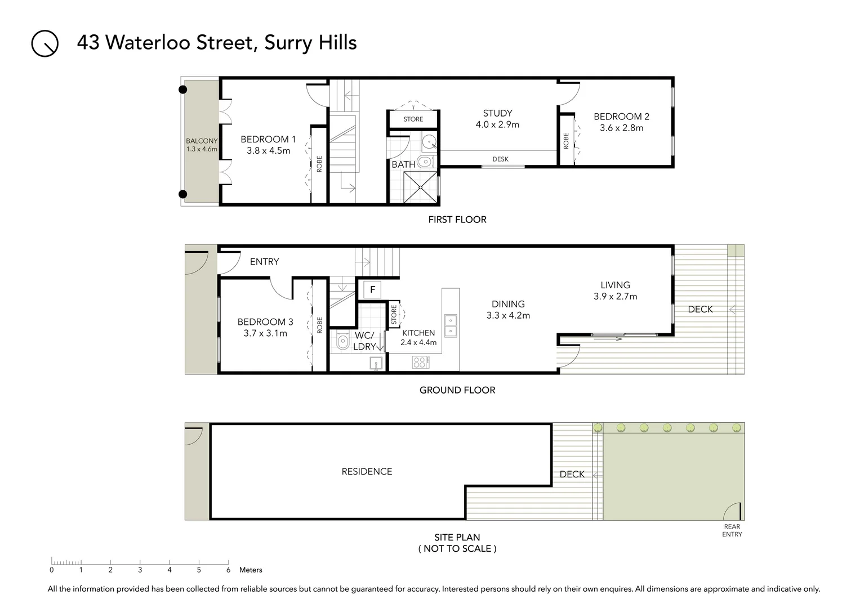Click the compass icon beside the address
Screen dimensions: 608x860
tap(45, 43)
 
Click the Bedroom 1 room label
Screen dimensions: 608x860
tap(268, 139)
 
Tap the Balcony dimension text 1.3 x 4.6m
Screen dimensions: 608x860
tap(202, 149)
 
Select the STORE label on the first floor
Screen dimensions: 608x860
tap(413, 119)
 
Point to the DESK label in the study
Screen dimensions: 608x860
tap(500, 159)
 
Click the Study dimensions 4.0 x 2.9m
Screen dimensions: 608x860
tap(497, 124)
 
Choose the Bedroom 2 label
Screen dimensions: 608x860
tap(621, 117)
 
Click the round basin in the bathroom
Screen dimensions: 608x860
tap(430, 141)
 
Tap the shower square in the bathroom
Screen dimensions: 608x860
tap(421, 187)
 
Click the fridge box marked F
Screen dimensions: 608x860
tap(372, 290)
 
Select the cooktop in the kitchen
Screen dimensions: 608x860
tap(420, 362)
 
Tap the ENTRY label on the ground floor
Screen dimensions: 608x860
tap(264, 262)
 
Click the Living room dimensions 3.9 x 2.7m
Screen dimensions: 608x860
tap(615, 297)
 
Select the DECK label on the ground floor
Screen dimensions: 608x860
tap(700, 309)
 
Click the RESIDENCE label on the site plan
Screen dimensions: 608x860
tap(367, 472)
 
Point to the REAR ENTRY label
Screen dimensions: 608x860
tap(732, 530)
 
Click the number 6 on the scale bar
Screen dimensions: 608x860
tap(228, 570)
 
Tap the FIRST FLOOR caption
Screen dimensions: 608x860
tap(457, 220)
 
